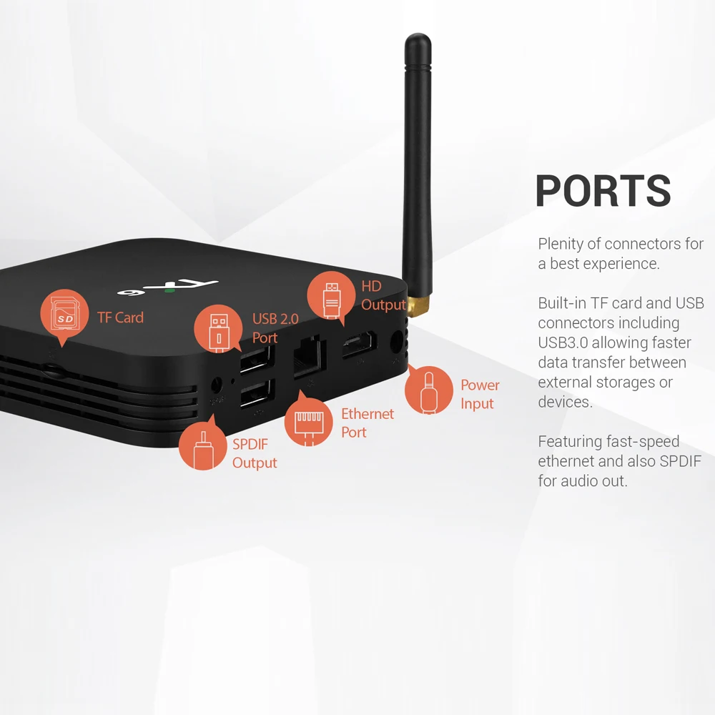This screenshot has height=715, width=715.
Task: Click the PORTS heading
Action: [x=603, y=191]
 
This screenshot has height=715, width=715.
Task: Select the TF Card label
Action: [x=120, y=317]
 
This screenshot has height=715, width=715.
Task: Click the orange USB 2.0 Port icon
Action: [x=218, y=328]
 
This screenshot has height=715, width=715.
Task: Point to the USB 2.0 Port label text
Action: [x=275, y=328]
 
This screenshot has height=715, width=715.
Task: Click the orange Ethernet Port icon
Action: [x=308, y=420]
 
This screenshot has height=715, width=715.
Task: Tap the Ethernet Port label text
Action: [x=367, y=423]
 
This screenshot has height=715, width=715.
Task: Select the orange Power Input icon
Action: [x=428, y=389]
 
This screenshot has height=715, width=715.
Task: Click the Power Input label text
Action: [x=480, y=394]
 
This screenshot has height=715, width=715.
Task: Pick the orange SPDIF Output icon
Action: [x=203, y=444]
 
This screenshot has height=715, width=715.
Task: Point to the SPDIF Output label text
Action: [x=255, y=453]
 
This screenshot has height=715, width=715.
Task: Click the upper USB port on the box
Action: [x=257, y=360]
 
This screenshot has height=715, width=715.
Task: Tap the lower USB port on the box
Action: [x=257, y=393]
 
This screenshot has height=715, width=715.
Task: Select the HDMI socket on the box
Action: [x=360, y=345]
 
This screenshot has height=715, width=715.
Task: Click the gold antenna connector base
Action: [x=418, y=305]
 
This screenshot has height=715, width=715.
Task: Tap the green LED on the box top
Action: [x=169, y=290]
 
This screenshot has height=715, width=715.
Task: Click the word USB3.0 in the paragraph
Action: [x=563, y=342]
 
